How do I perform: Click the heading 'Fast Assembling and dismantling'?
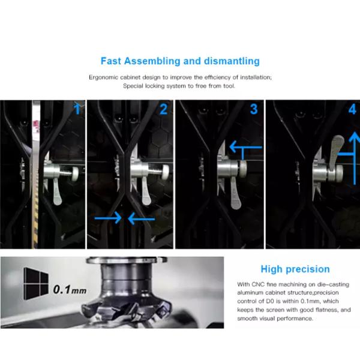click(180, 61)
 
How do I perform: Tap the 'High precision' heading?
click(295, 269)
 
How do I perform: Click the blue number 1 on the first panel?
click(77, 109)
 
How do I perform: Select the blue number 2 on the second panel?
click(163, 109)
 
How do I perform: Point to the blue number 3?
click(254, 109)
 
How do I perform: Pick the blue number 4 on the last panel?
click(353, 109)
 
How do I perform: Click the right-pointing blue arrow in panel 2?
click(108, 218)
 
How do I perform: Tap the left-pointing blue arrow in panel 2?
click(142, 218)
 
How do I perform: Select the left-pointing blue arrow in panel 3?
click(245, 147)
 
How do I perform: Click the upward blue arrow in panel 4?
click(355, 158)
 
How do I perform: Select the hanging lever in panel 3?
click(235, 194)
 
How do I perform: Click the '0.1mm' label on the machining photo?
click(70, 290)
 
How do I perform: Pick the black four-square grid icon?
click(36, 284)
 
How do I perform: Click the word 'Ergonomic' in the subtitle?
click(103, 77)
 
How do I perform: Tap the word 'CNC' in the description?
click(258, 284)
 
